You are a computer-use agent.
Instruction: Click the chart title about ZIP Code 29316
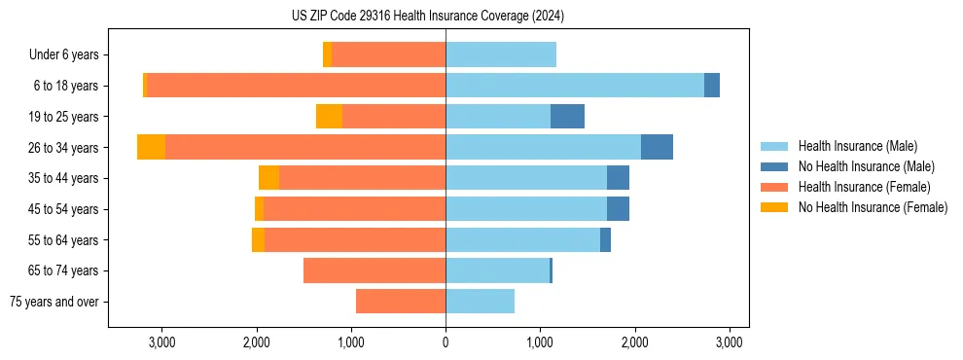point(427,17)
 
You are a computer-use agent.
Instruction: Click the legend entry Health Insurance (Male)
point(857,146)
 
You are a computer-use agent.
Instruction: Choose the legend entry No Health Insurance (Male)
point(866,166)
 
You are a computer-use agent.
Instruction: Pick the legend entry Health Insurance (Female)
point(864,187)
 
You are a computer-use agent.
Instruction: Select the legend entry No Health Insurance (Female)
point(872,207)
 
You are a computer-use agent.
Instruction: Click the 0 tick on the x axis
point(446,342)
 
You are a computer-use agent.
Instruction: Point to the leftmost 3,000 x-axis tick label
point(161,342)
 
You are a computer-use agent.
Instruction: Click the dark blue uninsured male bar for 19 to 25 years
point(567,117)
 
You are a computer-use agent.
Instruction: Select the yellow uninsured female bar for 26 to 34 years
point(151,147)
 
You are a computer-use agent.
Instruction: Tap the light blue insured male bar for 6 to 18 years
point(574,86)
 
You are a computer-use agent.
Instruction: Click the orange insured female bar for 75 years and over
point(401,302)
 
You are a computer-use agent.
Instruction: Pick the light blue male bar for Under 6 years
point(501,54)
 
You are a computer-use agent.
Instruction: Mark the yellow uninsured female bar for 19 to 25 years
point(329,117)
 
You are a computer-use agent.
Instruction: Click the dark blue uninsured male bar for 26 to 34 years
point(657,147)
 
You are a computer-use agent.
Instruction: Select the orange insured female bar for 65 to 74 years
point(374,270)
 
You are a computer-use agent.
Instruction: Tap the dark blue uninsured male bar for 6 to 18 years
point(712,86)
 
